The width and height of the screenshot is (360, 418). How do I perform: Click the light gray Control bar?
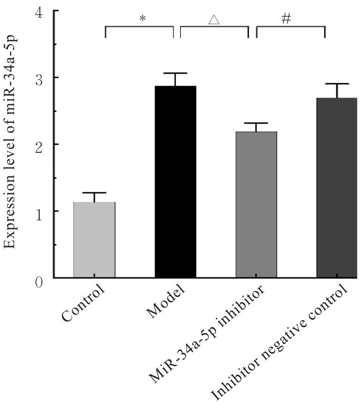click(x=94, y=240)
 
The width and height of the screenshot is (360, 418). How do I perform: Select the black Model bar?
click(x=175, y=182)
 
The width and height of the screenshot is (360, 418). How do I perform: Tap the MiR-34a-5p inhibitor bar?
click(x=256, y=204)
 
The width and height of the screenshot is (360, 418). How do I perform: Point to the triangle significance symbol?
click(x=214, y=20)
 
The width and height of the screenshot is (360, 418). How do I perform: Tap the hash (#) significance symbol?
click(x=286, y=19)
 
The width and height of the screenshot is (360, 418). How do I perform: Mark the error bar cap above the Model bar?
click(x=175, y=74)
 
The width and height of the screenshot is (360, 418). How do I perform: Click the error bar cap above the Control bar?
click(x=94, y=193)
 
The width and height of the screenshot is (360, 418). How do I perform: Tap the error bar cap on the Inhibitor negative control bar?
click(x=337, y=84)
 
